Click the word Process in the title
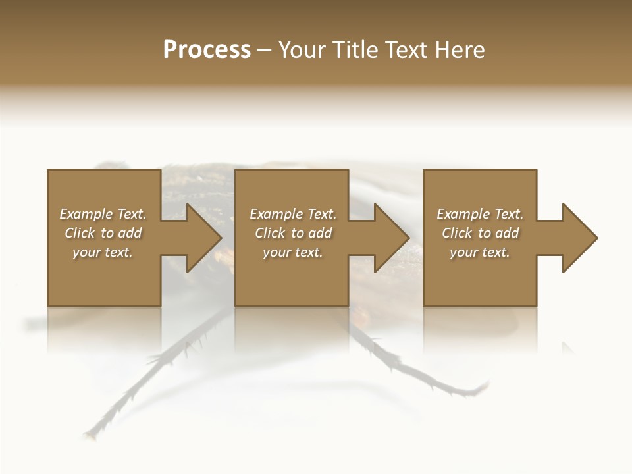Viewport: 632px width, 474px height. pos(207,50)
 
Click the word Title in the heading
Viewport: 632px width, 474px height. pos(353,50)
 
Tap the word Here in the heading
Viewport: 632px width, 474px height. pos(459,50)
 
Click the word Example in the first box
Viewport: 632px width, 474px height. pos(86,214)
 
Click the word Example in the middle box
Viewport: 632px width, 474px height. pos(276,214)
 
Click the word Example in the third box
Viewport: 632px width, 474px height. pos(463,214)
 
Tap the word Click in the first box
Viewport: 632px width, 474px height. pos(80,233)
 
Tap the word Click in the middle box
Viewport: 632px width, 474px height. pos(270,233)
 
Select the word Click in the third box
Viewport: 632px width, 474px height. pos(457,233)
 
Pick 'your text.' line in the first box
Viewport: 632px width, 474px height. pos(103,252)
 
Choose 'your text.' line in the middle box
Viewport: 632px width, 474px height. pos(293,252)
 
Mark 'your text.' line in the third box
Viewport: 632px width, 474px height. pos(480,252)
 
